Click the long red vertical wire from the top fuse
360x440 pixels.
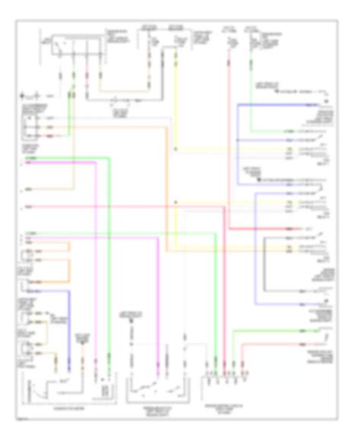click(x=228, y=152)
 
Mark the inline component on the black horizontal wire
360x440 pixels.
click(x=115, y=99)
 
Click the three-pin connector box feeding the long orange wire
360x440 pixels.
click(x=30, y=126)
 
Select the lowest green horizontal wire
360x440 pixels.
click(x=273, y=331)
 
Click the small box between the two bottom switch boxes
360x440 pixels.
click(x=102, y=391)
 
